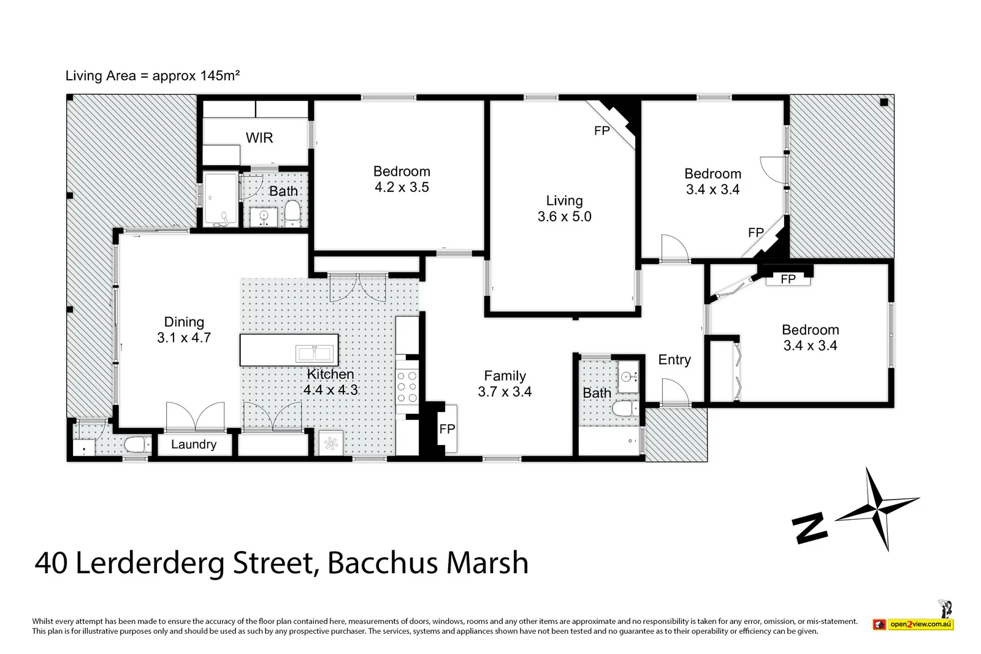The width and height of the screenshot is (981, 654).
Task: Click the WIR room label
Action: [x=259, y=138]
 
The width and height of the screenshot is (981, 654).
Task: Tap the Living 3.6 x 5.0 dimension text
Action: [x=564, y=216]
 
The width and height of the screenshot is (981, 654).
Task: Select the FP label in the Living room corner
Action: [x=601, y=131]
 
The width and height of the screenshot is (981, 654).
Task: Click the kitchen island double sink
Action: [x=314, y=354]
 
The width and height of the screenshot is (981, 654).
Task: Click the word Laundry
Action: [x=194, y=444]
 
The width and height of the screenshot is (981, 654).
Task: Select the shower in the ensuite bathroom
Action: [x=220, y=199]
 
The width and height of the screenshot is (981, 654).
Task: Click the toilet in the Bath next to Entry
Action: [x=625, y=408]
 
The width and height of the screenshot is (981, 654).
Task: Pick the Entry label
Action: [x=674, y=360]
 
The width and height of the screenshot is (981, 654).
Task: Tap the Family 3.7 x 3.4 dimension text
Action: [x=505, y=392]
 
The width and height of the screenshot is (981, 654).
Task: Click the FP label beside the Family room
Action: [x=447, y=429]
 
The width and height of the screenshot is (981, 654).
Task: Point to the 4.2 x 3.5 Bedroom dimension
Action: [x=402, y=188]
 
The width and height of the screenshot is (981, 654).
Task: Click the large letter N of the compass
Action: [x=810, y=528]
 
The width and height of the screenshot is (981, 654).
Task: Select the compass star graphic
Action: [x=877, y=508]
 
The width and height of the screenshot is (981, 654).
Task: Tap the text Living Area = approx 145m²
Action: [x=152, y=76]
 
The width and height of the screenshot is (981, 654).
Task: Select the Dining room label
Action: [x=184, y=322]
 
